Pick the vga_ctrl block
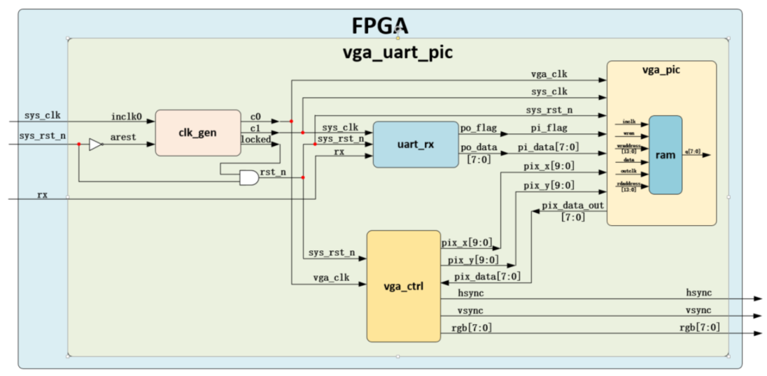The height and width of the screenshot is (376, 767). (x=403, y=286)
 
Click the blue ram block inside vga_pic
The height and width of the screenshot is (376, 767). (x=665, y=154)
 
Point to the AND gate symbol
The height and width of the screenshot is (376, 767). (x=248, y=178)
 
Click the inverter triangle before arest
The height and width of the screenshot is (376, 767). (x=96, y=145)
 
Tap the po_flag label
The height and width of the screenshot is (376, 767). (x=476, y=128)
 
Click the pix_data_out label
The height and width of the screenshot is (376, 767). (x=573, y=206)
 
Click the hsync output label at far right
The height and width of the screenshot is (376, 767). (x=699, y=293)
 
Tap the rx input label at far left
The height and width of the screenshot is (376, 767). (x=43, y=194)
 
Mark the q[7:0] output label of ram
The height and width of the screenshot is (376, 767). (x=694, y=152)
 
